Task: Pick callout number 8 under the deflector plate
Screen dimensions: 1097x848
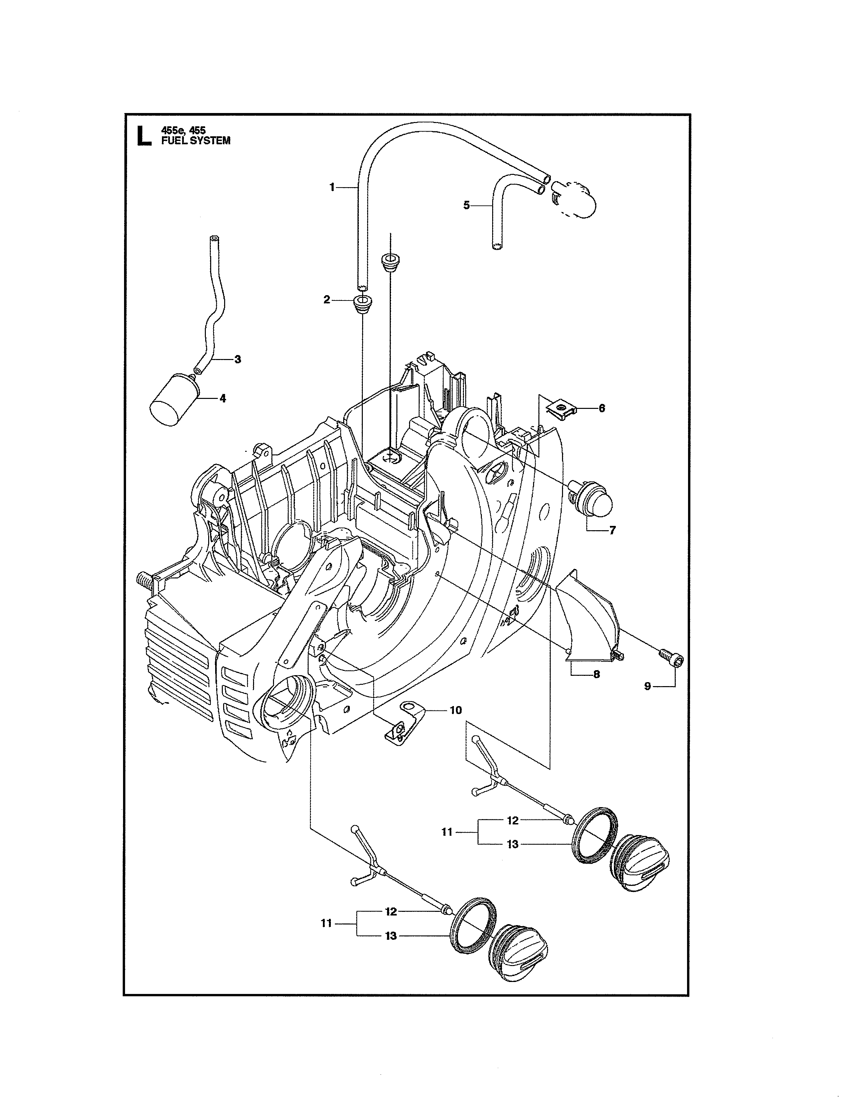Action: (596, 674)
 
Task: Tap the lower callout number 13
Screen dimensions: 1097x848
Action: (391, 936)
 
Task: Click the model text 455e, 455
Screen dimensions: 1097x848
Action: (183, 130)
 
